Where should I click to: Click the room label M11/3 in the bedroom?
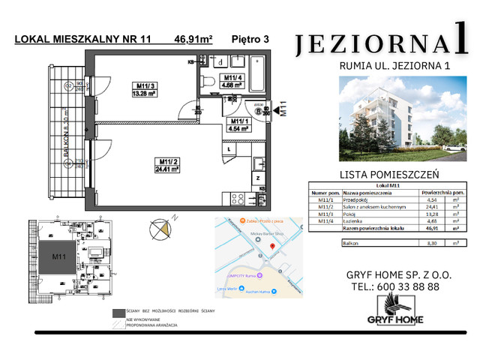145,86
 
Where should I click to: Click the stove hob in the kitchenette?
238,199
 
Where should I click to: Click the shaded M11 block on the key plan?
58,256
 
